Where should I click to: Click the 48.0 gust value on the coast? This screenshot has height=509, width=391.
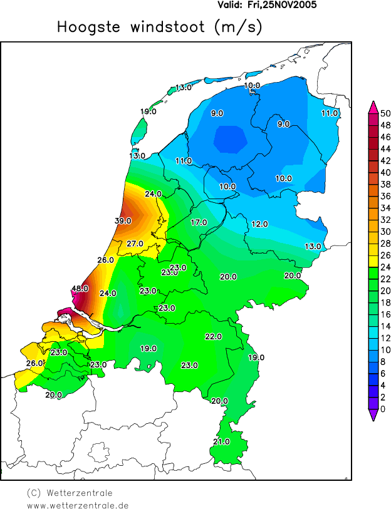pyautogui.click(x=80, y=289)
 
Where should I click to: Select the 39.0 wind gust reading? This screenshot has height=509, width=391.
pyautogui.click(x=123, y=220)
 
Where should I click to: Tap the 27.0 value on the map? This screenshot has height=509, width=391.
pyautogui.click(x=135, y=244)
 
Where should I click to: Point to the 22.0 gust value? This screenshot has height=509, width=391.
pyautogui.click(x=213, y=337)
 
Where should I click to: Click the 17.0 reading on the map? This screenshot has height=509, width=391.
pyautogui.click(x=199, y=223)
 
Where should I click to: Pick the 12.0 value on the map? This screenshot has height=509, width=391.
pyautogui.click(x=259, y=224)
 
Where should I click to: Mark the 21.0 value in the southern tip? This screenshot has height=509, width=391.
pyautogui.click(x=221, y=442)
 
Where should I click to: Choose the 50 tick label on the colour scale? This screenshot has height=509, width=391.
pyautogui.click(x=385, y=113)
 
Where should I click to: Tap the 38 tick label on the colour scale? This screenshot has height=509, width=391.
pyautogui.click(x=385, y=184)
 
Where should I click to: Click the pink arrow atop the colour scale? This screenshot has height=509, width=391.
pyautogui.click(x=373, y=107)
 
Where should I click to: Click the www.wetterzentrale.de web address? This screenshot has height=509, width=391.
pyautogui.click(x=78, y=505)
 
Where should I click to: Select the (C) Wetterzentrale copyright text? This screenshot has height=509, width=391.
pyautogui.click(x=70, y=493)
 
